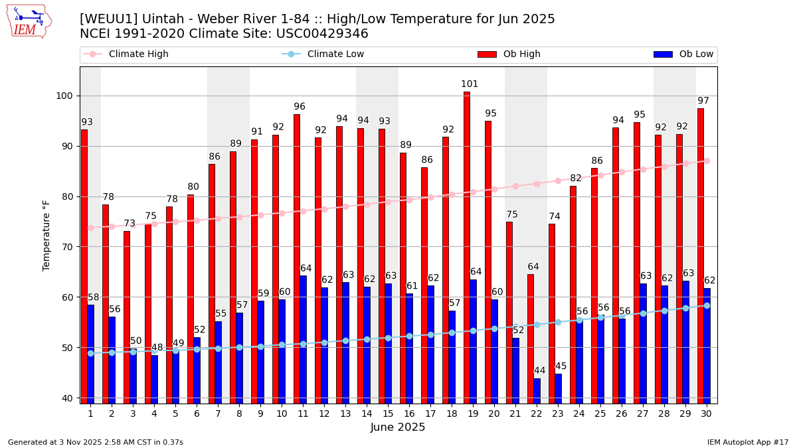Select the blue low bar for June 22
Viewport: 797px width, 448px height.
(537, 391)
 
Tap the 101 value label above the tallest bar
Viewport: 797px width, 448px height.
(470, 84)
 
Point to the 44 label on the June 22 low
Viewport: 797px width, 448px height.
(540, 371)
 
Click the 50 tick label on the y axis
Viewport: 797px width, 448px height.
(68, 348)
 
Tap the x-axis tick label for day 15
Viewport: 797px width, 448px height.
(388, 413)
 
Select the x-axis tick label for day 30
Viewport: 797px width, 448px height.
(707, 413)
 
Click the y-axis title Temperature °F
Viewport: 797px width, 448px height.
(46, 235)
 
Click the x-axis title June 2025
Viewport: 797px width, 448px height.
(398, 427)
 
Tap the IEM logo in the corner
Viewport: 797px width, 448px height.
(29, 21)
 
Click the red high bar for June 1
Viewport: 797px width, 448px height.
(84, 265)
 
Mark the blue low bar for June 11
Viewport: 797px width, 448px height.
(303, 339)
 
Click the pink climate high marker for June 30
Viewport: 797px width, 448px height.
(707, 161)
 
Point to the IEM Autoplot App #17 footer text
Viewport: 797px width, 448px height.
(747, 442)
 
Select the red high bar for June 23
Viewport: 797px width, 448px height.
(552, 313)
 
